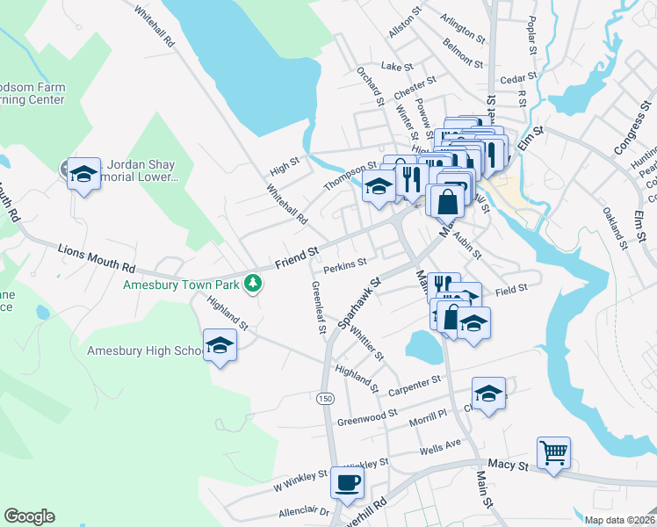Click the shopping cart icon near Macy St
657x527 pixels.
(554, 454)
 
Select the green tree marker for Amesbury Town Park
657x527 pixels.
(253, 282)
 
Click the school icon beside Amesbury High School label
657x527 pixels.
(220, 346)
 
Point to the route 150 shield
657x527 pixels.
(325, 398)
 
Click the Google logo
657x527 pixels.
(29, 516)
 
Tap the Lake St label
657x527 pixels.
(396, 67)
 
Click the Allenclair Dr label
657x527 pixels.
(303, 511)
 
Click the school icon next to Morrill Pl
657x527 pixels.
(489, 393)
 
